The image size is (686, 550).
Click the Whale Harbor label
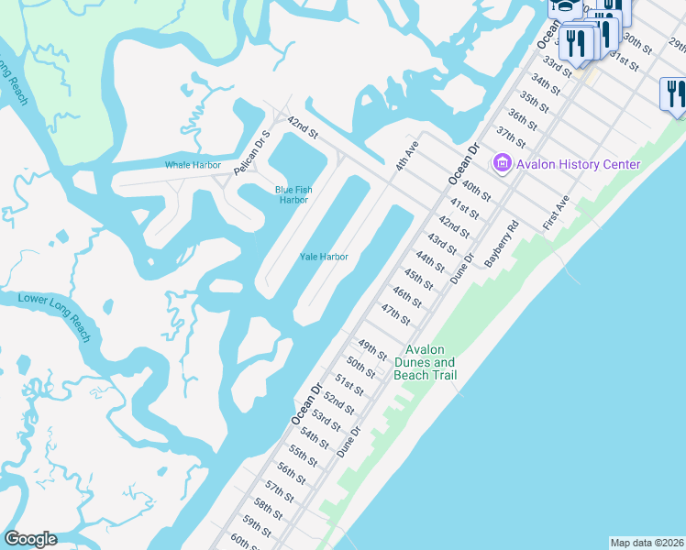193,165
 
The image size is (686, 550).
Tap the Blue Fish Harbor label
293,194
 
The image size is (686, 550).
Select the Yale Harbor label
324,257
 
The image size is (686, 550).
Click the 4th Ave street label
406,155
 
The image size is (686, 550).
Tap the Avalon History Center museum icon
501,164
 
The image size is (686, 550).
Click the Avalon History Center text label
578,164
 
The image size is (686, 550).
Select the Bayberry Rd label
502,243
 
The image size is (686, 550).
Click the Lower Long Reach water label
55,316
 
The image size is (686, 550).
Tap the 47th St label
395,314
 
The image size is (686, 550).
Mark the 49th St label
371,350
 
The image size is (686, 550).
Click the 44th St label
428,263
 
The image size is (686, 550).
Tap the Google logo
30,539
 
